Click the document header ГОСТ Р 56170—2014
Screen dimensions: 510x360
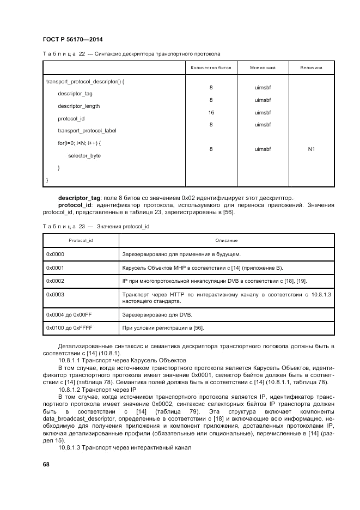click(x=73, y=40)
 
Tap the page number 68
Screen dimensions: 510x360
click(x=46, y=464)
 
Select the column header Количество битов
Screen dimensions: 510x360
click(x=211, y=68)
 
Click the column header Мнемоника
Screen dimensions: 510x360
click(x=263, y=68)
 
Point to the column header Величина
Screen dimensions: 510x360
click(x=311, y=68)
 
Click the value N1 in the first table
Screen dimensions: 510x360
click(x=312, y=149)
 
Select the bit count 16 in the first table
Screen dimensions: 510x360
click(x=211, y=113)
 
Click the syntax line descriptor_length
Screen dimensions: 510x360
click(x=79, y=106)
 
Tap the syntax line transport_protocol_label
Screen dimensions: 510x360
click(x=87, y=131)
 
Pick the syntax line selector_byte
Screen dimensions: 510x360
click(x=84, y=156)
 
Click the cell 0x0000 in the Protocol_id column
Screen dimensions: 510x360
click(x=56, y=254)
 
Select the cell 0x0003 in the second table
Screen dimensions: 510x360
click(x=56, y=294)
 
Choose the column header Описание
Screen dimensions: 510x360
click(x=227, y=240)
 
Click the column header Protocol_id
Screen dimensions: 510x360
click(x=81, y=240)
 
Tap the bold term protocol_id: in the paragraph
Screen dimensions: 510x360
click(x=75, y=205)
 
